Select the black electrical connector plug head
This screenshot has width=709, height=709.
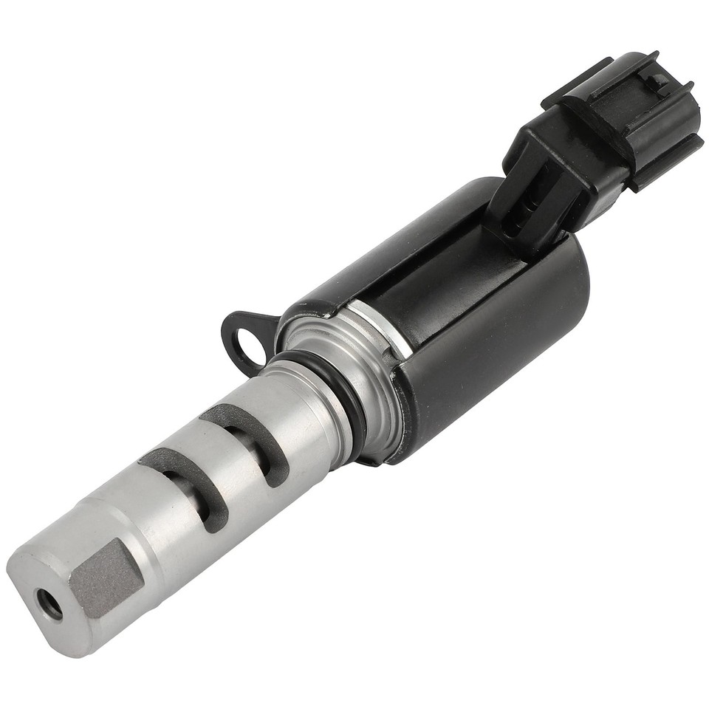click(x=628, y=118)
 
